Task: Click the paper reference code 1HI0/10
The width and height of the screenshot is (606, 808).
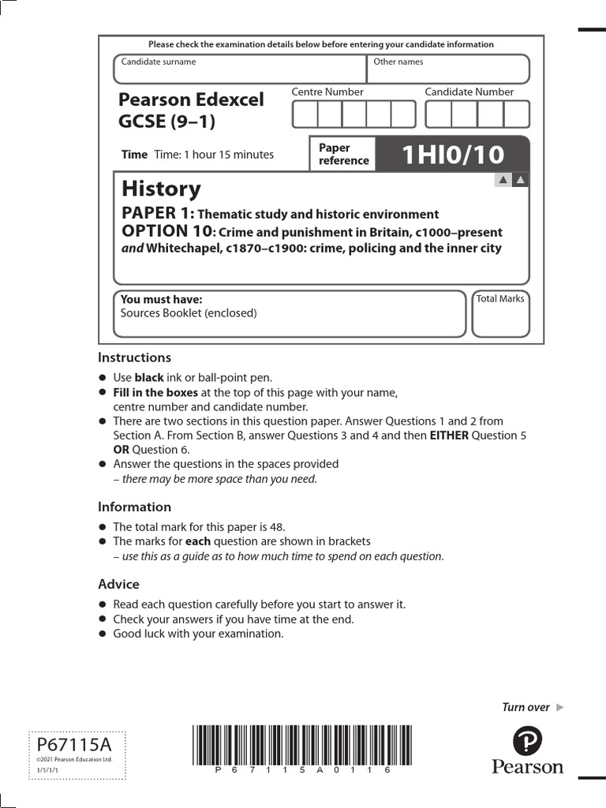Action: tap(452, 155)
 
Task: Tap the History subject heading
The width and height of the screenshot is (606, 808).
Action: tap(161, 189)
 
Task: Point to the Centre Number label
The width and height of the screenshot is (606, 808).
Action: tap(327, 92)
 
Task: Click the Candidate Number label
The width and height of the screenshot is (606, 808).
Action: tap(469, 92)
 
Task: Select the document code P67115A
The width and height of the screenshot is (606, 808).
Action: tap(74, 745)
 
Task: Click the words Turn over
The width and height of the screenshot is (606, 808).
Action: tap(526, 707)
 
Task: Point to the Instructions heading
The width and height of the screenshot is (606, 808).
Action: tap(134, 357)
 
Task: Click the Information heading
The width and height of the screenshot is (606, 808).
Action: tap(134, 507)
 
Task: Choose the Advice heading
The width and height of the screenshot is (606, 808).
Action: tap(118, 584)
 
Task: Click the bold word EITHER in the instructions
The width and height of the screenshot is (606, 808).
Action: tap(448, 436)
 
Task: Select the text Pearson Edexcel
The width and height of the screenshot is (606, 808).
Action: tap(191, 100)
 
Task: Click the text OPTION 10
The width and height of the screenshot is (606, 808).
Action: tap(166, 231)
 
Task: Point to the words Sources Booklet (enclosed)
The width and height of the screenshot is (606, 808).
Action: tap(189, 312)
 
